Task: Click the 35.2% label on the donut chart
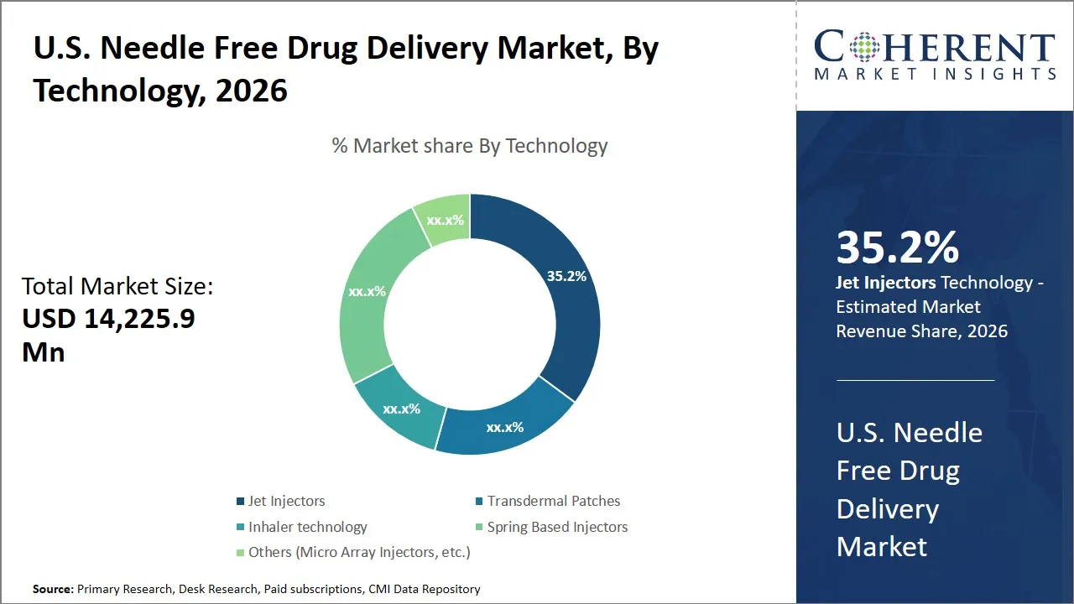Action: [566, 276]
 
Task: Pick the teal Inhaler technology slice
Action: [401, 409]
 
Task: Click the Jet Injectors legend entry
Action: [286, 501]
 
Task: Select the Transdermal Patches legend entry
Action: [553, 501]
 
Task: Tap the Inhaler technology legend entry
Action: [307, 527]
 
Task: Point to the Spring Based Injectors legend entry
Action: [557, 527]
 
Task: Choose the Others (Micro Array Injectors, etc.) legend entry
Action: [359, 552]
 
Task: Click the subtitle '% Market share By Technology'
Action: [470, 146]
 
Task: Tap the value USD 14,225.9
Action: [108, 319]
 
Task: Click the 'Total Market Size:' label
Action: [117, 287]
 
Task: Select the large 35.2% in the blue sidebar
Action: [897, 248]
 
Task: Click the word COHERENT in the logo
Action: [934, 48]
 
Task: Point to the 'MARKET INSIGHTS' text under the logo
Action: [934, 74]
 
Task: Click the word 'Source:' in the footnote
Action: [53, 590]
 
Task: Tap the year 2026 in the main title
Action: [251, 91]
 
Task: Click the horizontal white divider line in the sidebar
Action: [915, 380]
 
